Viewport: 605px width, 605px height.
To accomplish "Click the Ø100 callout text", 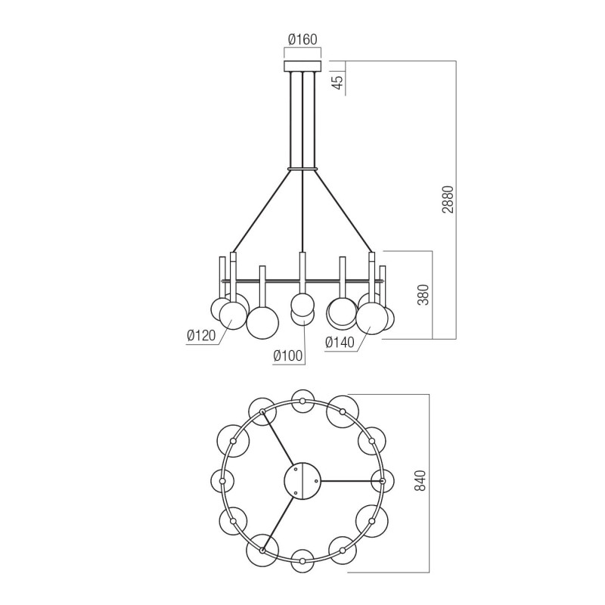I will [288, 355].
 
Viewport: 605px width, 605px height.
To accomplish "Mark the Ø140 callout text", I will [340, 343].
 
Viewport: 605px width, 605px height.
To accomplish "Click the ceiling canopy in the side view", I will [302, 67].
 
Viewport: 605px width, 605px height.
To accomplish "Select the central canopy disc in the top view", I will [302, 480].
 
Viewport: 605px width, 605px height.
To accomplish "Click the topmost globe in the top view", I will [302, 400].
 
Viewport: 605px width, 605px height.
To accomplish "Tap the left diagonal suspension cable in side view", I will [261, 212].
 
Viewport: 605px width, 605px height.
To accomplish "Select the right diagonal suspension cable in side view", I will [344, 212].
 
